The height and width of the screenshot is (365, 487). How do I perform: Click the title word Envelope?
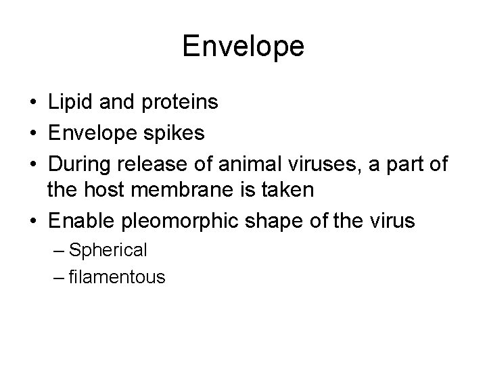point(243,47)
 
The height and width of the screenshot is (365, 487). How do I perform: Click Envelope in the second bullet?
point(90,132)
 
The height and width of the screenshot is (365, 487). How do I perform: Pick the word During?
point(80,162)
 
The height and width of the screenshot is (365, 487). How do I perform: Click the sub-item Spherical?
point(108,251)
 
